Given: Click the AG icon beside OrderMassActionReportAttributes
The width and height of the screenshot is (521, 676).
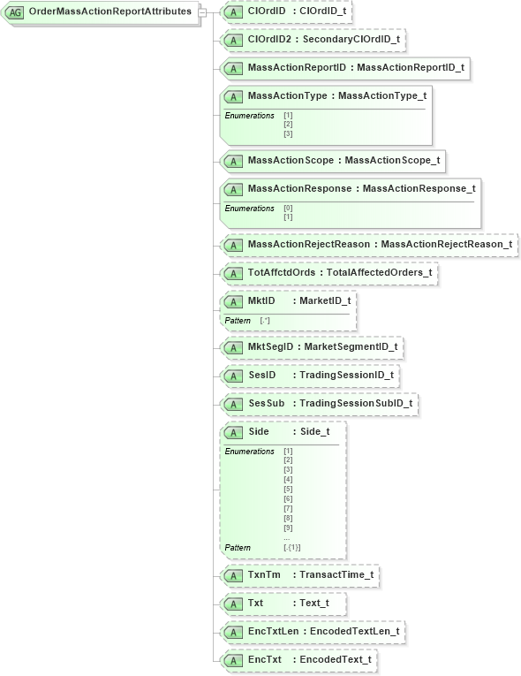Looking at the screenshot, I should click(15, 12).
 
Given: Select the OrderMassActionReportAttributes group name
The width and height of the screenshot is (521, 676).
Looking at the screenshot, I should click(109, 12).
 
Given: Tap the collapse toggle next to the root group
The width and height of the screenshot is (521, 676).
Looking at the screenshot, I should click(203, 12).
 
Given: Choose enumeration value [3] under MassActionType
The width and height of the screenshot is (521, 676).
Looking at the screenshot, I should click(288, 133).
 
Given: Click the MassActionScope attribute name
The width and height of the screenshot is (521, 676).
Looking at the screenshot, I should click(291, 161).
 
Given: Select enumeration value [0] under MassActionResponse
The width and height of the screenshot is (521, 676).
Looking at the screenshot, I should click(288, 209).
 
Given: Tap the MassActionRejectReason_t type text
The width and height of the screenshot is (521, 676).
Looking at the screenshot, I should click(446, 244).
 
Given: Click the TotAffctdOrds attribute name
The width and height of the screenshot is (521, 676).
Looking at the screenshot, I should click(282, 272).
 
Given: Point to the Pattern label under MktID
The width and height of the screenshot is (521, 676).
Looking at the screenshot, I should click(238, 320).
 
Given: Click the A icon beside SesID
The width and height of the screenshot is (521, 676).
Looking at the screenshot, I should click(233, 376).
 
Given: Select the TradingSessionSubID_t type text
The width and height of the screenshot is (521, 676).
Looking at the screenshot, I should click(356, 404).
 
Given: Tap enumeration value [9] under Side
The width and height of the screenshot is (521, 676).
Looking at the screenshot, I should click(288, 528).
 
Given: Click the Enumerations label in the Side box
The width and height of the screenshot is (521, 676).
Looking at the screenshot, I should click(250, 452).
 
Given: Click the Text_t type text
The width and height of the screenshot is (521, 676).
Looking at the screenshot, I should click(314, 604).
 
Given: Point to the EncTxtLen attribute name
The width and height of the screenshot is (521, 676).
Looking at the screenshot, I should click(270, 632).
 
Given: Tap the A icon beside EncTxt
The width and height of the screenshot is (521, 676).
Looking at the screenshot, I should click(233, 660).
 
